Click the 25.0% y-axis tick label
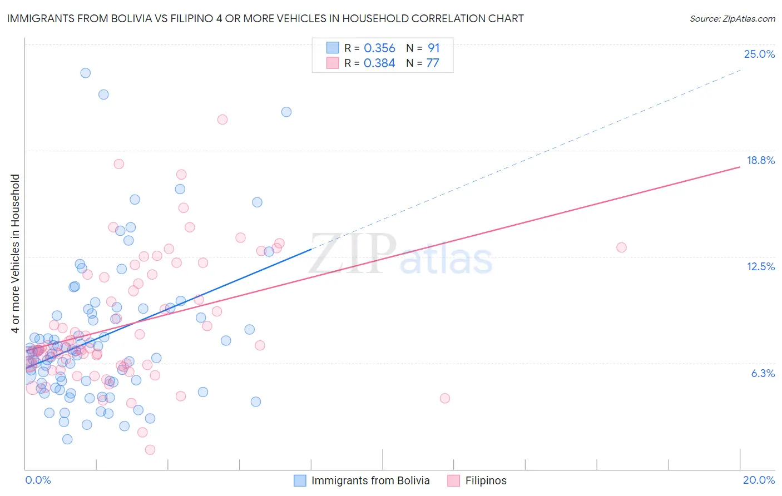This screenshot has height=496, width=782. point(759,54)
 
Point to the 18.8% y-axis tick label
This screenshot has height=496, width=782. point(760,160)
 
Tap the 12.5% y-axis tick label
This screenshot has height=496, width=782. point(760,266)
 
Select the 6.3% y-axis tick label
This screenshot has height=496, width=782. point(763,373)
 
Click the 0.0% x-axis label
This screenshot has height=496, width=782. point(38,480)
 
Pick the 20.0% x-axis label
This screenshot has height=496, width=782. point(759,480)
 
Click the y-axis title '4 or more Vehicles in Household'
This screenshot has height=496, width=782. point(15,254)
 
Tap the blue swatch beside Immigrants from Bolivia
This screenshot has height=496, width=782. point(300,480)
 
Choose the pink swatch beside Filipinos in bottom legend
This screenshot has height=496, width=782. point(454,480)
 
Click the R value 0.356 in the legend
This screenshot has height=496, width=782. point(379,48)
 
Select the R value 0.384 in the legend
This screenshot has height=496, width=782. point(379,63)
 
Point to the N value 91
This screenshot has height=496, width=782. point(434,48)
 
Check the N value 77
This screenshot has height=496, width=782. point(433,63)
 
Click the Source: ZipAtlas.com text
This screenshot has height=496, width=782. point(732,19)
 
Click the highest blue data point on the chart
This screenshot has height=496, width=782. point(85,73)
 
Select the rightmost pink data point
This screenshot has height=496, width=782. point(621,247)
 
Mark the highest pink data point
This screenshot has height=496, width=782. point(222,120)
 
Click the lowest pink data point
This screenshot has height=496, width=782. point(150,449)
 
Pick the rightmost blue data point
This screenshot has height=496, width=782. point(286,112)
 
